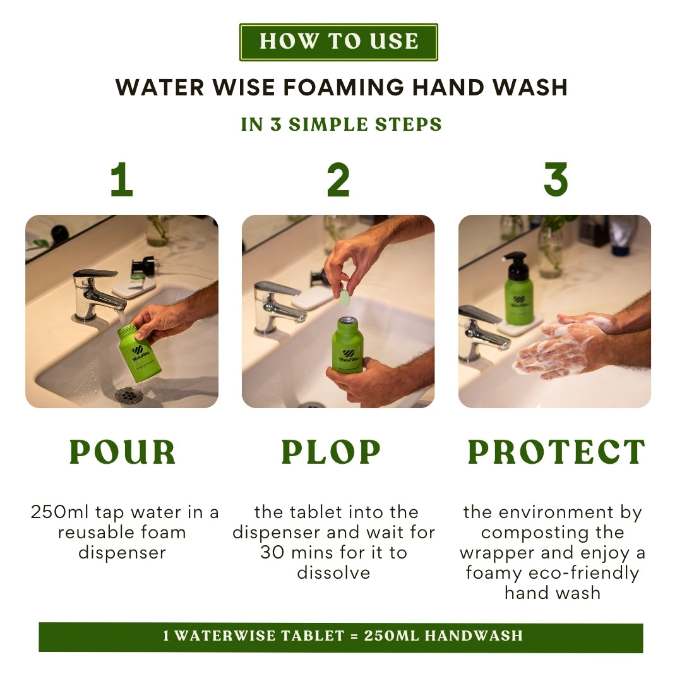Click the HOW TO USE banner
338,42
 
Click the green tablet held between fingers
345,298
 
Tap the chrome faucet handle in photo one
95,274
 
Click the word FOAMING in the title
344,87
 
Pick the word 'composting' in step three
553,533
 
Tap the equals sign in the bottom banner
354,636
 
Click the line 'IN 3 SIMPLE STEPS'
342,124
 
